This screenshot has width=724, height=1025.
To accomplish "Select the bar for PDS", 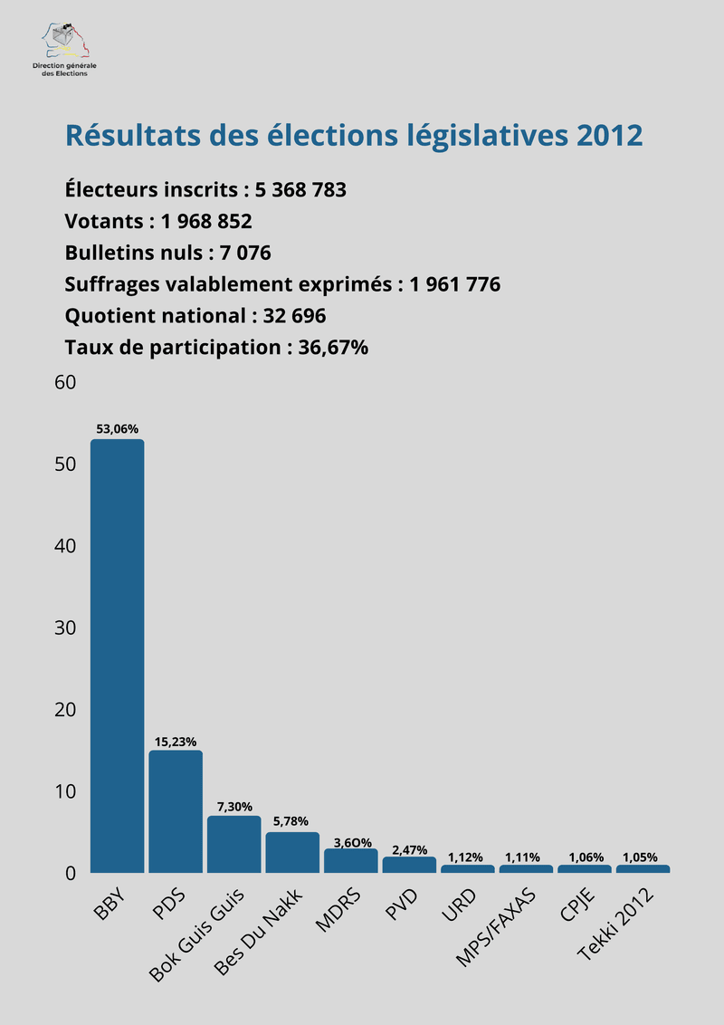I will pyautogui.click(x=176, y=811).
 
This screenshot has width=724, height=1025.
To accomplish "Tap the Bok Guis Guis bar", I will pyautogui.click(x=233, y=844).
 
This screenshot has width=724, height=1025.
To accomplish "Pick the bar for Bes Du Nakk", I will pyautogui.click(x=292, y=852).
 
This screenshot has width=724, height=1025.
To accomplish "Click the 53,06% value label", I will pyautogui.click(x=117, y=429).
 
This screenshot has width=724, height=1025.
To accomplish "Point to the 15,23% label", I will pyautogui.click(x=176, y=741).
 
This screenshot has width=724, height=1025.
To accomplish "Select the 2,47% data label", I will pyautogui.click(x=409, y=848).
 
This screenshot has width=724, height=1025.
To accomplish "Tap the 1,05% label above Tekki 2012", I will pyautogui.click(x=642, y=856).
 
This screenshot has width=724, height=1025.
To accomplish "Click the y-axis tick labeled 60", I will pyautogui.click(x=64, y=382).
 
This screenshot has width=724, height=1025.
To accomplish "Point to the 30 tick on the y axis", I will pyautogui.click(x=64, y=627).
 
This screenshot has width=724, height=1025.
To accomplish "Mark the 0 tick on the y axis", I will pyautogui.click(x=69, y=873).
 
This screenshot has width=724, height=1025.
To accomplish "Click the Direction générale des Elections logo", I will pyautogui.click(x=64, y=51).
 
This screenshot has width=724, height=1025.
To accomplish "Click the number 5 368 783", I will pyautogui.click(x=300, y=190).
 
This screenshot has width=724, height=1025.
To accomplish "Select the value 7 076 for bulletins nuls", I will pyautogui.click(x=245, y=253).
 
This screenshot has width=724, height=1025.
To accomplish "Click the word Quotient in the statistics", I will pyautogui.click(x=106, y=316).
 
